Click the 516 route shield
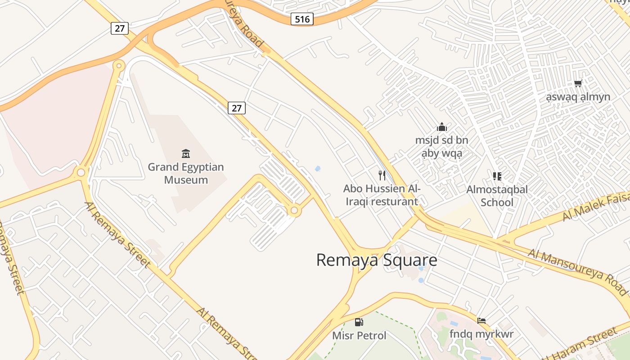301,19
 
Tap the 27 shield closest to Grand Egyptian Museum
237,108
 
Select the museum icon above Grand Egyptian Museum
186,154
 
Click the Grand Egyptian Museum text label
186,173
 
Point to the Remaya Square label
376,260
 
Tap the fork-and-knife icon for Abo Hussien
382,175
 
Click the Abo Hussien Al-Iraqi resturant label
382,195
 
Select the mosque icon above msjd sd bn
442,127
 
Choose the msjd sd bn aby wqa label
442,147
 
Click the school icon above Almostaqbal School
497,176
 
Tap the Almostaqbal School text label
497,196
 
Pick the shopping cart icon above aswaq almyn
578,83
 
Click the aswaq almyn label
578,97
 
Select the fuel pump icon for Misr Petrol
359,322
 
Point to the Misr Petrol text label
359,336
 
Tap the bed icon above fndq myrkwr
481,321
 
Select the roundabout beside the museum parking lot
294,210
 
